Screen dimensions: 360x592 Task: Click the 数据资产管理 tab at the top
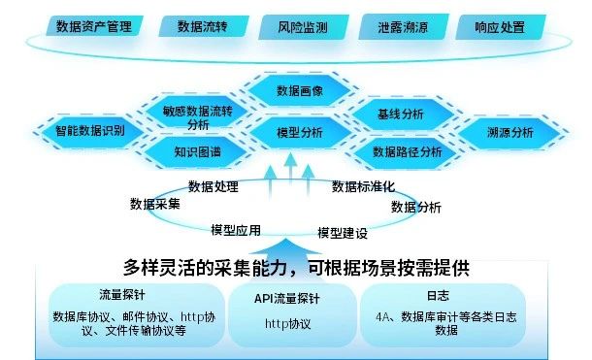(x=94, y=27)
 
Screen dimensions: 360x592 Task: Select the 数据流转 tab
(x=202, y=27)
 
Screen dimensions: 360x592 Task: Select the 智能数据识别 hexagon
(x=90, y=130)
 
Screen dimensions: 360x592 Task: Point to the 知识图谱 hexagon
(x=197, y=152)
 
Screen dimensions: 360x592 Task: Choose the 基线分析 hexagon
(x=401, y=115)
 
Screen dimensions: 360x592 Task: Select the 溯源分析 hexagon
(x=510, y=132)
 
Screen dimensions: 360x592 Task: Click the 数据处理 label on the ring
(x=214, y=186)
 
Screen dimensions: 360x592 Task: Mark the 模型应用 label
(x=236, y=230)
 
